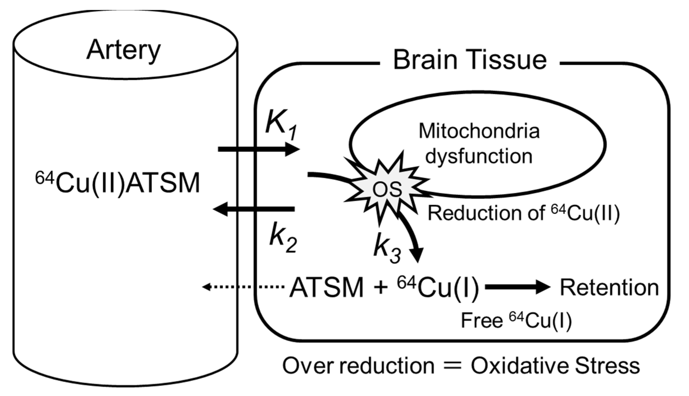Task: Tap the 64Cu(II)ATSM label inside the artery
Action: [x=118, y=183]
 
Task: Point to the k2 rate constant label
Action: [x=283, y=238]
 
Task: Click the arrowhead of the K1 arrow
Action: [x=292, y=149]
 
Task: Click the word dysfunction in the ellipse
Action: [x=479, y=156]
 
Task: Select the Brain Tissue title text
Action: [x=470, y=60]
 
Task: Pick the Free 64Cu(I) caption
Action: [x=516, y=320]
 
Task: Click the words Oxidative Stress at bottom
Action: [x=555, y=366]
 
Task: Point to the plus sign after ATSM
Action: [x=380, y=288]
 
